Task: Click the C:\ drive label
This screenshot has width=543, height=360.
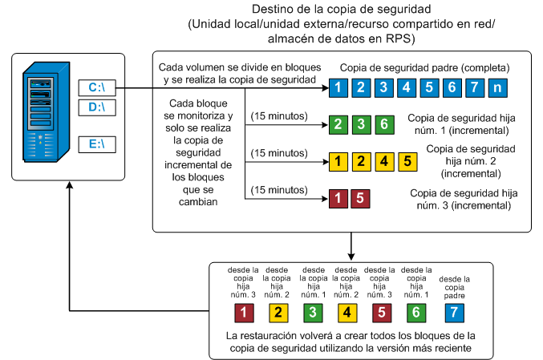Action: click(96, 87)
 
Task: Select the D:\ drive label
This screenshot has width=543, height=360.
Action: click(96, 107)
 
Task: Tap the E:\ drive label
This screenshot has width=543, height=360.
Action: click(96, 144)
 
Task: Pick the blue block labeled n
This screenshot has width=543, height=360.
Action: click(499, 87)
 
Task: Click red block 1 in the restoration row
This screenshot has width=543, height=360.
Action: click(243, 312)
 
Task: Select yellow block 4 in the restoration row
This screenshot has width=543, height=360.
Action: click(345, 312)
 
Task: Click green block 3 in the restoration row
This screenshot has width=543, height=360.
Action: click(311, 312)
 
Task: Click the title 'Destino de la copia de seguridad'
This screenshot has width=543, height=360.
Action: click(342, 10)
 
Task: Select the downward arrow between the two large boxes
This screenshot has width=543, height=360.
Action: click(351, 245)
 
